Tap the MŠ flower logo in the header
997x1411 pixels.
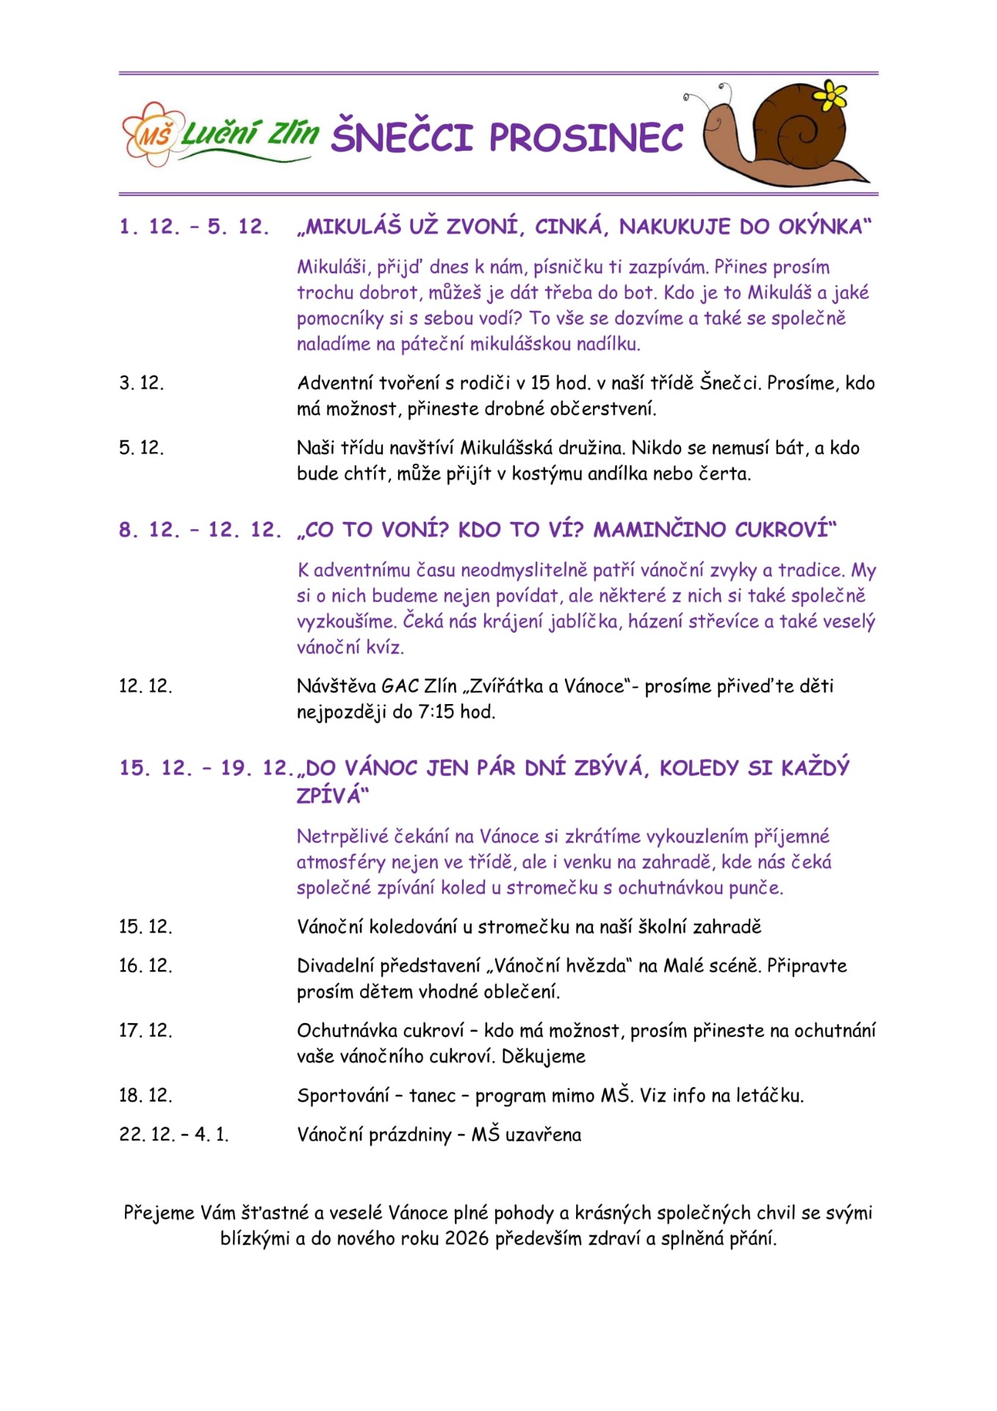coord(150,134)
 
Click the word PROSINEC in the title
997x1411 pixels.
coord(586,137)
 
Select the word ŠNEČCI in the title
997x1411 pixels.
coord(402,137)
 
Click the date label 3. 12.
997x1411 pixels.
coord(142,383)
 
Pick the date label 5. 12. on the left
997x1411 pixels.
coord(142,448)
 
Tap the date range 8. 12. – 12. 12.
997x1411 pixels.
coord(200,530)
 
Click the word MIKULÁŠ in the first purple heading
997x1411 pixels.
coord(353,226)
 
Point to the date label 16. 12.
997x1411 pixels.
coord(145,966)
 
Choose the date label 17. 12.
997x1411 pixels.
coord(145,1030)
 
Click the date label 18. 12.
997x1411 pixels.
coord(145,1095)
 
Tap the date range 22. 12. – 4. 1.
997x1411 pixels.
coord(174,1135)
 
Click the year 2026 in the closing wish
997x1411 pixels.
coord(467,1238)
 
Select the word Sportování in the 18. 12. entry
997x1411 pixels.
coord(343,1096)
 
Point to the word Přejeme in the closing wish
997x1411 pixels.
coord(159,1213)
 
